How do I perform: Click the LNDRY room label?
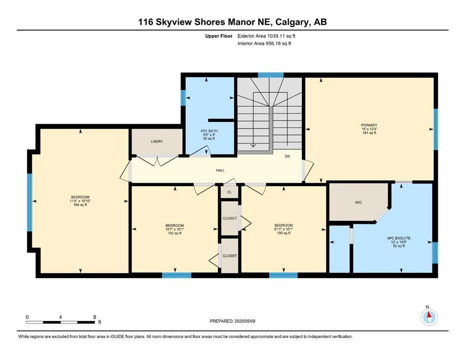tap(157, 142)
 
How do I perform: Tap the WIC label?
tap(359, 202)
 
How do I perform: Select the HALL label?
tap(221, 170)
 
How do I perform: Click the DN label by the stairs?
tap(288, 157)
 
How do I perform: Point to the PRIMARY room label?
tap(369, 125)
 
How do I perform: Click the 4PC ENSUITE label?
tap(399, 238)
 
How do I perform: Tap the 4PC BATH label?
tap(209, 131)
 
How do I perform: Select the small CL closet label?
tap(229, 192)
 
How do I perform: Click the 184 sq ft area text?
tap(80, 205)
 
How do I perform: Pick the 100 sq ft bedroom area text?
tap(283, 233)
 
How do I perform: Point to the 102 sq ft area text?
tap(175, 233)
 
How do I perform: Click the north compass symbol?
tap(429, 317)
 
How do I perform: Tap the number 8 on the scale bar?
tap(95, 317)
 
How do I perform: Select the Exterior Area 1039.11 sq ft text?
tap(266, 36)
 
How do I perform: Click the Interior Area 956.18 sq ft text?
tap(264, 43)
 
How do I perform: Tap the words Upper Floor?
tap(219, 36)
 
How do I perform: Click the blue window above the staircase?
tap(271, 75)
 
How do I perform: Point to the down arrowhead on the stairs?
tap(253, 145)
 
